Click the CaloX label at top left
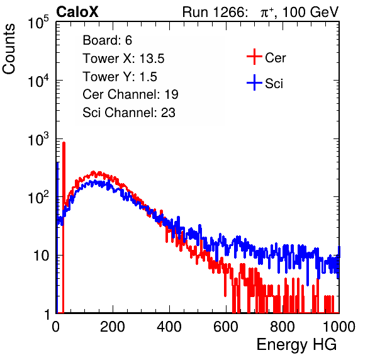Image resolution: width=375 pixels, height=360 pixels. [x=77, y=11]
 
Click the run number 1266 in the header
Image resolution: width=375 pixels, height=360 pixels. [x=230, y=12]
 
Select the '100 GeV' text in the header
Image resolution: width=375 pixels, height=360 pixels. [x=310, y=12]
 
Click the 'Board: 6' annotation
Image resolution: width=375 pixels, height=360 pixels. [x=107, y=40]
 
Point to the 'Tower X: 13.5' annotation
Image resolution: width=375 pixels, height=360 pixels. [x=123, y=59]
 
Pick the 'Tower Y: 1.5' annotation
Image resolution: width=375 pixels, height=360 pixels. [x=120, y=77]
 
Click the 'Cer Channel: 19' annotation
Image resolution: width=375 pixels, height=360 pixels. [x=130, y=94]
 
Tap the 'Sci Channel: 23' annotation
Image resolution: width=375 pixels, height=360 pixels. [x=129, y=113]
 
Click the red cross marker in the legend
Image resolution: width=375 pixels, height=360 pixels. [x=254, y=57]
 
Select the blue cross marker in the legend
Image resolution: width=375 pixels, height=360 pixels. [x=254, y=82]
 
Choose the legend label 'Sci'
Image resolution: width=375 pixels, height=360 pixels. [x=274, y=84]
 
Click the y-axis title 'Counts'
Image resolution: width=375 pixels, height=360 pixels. [x=9, y=49]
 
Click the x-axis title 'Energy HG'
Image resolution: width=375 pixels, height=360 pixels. [x=296, y=345]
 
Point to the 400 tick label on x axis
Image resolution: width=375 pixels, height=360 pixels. [x=169, y=327]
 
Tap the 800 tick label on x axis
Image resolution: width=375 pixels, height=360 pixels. [x=283, y=327]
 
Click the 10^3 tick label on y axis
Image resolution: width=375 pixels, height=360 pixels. [x=38, y=139]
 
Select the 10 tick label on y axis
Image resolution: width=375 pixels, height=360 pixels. [x=41, y=256]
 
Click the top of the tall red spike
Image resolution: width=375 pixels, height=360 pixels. [x=64, y=143]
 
